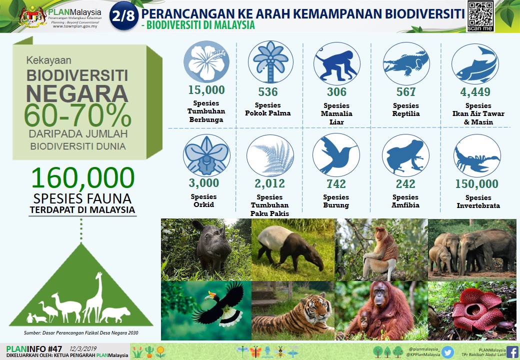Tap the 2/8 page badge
pyautogui.click(x=123, y=15)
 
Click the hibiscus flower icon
pyautogui.click(x=206, y=61)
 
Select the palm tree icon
pyautogui.click(x=270, y=62)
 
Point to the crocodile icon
pyautogui.click(x=406, y=63)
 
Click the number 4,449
pyautogui.click(x=475, y=92)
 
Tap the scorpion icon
pyautogui.click(x=477, y=156)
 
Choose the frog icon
pyautogui.click(x=405, y=155)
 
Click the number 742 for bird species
pyautogui.click(x=336, y=183)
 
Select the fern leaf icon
pyautogui.click(x=270, y=155)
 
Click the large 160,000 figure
pyautogui.click(x=83, y=177)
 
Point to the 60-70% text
pyautogui.click(x=77, y=115)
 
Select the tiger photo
pyautogui.click(x=293, y=310)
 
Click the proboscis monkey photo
pyautogui.click(x=381, y=249)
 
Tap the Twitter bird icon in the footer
pyautogui.click(x=447, y=352)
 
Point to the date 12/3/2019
pyautogui.click(x=83, y=348)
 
